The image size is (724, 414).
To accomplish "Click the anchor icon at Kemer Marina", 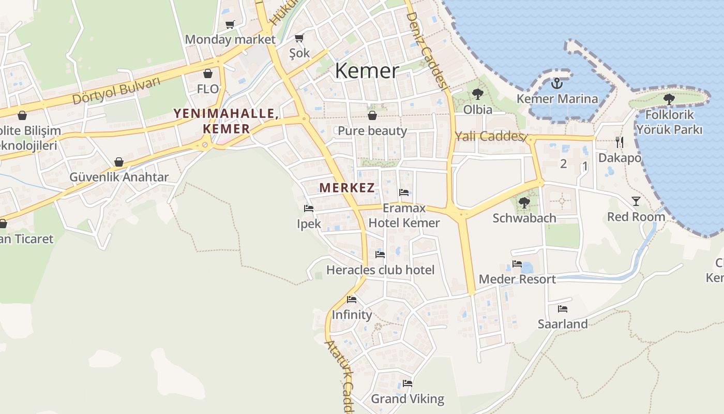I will (x=557, y=83).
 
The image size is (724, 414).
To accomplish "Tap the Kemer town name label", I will (x=367, y=70).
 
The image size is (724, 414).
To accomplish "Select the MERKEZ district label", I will (x=346, y=188).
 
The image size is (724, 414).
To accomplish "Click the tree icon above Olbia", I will (x=477, y=94).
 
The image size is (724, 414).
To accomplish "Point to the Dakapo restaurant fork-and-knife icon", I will (x=620, y=142).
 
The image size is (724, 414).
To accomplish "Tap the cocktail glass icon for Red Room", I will (x=636, y=201).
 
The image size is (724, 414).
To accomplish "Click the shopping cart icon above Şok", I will (x=299, y=38).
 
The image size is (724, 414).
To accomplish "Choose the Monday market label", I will (x=230, y=39).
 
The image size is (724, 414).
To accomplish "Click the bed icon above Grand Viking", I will (x=408, y=383).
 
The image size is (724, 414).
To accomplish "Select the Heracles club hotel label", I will (x=380, y=270).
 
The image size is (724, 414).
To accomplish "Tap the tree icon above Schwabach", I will (x=524, y=202).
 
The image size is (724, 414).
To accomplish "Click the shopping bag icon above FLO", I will (x=208, y=73).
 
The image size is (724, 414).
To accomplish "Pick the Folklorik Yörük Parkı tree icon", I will (x=669, y=98).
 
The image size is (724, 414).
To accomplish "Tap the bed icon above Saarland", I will (x=563, y=309).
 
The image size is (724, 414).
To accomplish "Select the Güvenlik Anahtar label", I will (x=119, y=178).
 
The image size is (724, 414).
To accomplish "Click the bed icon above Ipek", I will (x=309, y=208).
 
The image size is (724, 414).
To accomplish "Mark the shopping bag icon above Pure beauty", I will (x=372, y=115).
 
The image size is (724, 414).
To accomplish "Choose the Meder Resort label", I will (x=517, y=279).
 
